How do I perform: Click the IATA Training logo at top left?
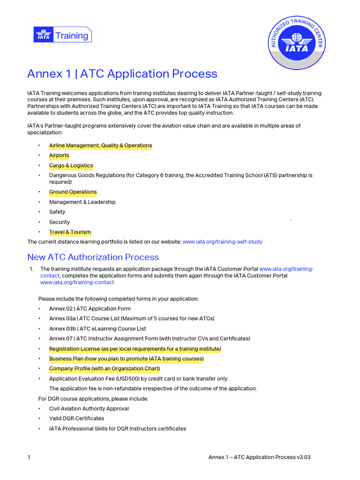pyautogui.click(x=62, y=35)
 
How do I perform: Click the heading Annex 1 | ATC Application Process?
pyautogui.click(x=122, y=74)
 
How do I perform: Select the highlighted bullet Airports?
pyautogui.click(x=59, y=156)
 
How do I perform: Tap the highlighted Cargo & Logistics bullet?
pyautogui.click(x=71, y=166)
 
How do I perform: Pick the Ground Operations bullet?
pyautogui.click(x=73, y=192)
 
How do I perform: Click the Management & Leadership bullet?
pyautogui.click(x=82, y=202)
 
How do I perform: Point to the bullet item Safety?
pyautogui.click(x=57, y=212)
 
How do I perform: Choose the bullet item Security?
pyautogui.click(x=60, y=222)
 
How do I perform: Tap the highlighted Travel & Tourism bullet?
pyautogui.click(x=70, y=232)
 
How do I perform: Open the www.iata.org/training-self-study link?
pyautogui.click(x=222, y=242)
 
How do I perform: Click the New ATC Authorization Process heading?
pyautogui.click(x=93, y=257)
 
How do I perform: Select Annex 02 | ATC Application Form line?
pyautogui.click(x=90, y=308)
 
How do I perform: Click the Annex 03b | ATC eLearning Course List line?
pyautogui.click(x=97, y=329)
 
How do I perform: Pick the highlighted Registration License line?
pyautogui.click(x=135, y=349)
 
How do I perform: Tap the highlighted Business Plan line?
pyautogui.click(x=126, y=359)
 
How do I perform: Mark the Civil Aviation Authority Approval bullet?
pyautogui.click(x=89, y=408)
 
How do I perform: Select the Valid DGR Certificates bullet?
pyautogui.click(x=76, y=418)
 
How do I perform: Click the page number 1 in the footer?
pyautogui.click(x=29, y=457)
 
